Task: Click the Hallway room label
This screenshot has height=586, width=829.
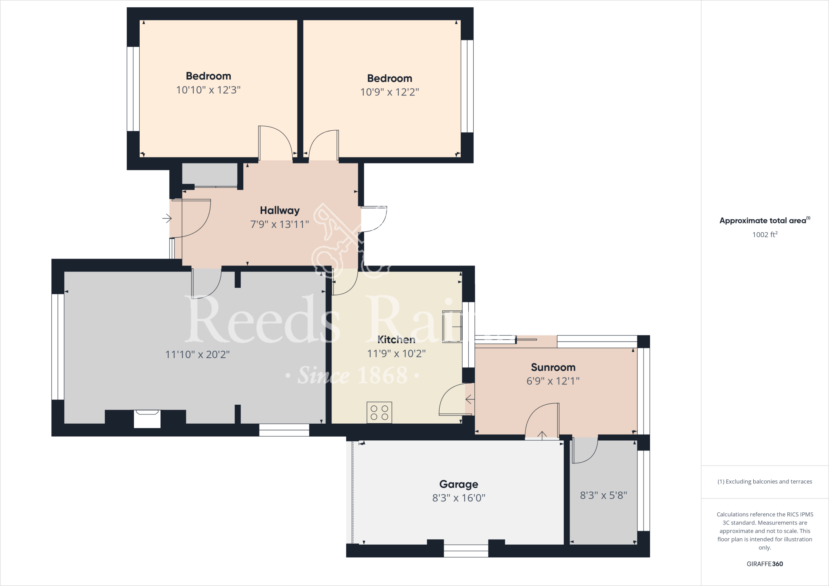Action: point(279,210)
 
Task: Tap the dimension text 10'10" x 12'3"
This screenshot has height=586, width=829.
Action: point(208,90)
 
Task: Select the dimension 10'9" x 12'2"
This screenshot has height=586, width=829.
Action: point(389,92)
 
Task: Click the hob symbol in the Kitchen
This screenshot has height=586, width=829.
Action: point(379,412)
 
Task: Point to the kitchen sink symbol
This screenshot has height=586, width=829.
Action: point(452,327)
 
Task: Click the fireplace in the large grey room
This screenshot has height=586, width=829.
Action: point(147,418)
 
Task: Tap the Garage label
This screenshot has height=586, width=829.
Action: point(459,484)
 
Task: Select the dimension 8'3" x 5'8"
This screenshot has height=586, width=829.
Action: point(603,495)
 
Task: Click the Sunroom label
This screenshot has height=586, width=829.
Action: point(553,367)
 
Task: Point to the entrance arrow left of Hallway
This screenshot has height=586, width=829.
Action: point(167,219)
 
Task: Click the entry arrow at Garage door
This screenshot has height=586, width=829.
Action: point(542,435)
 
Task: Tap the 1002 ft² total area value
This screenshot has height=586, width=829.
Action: point(765,235)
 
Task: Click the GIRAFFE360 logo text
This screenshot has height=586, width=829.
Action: point(765,564)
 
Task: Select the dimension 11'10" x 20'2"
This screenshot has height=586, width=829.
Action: point(197,355)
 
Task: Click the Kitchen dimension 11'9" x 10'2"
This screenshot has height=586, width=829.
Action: point(396,354)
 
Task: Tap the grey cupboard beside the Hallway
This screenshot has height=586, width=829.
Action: point(209,174)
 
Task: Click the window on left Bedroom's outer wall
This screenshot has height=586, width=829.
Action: point(133,89)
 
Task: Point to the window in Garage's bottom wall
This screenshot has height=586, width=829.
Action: point(466,550)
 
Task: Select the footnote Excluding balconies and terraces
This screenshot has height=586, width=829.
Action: point(765,482)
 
